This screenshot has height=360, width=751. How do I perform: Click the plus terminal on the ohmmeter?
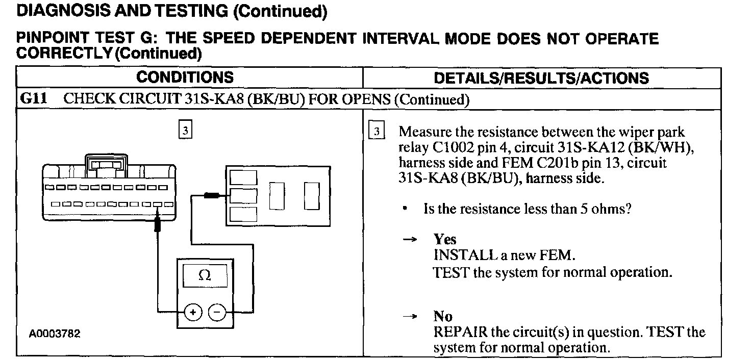(193, 312)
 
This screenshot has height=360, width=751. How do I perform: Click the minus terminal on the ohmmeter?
(217, 312)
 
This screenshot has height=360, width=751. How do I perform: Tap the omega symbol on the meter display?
(205, 275)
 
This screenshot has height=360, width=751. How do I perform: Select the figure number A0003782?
(55, 335)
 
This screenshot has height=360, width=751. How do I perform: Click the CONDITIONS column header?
(185, 78)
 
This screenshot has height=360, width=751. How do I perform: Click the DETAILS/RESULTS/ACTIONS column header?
(541, 78)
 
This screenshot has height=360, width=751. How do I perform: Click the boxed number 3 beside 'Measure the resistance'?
(377, 131)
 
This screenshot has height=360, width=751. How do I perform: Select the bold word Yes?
(445, 240)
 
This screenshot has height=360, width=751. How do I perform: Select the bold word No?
(443, 317)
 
